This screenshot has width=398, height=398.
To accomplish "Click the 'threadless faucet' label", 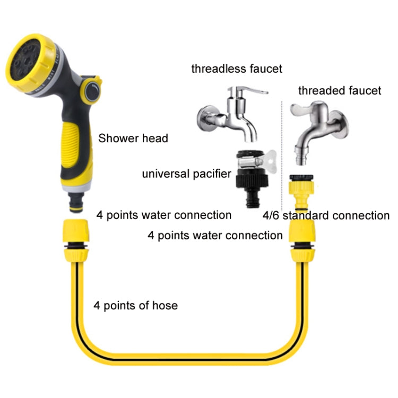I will [x=237, y=68].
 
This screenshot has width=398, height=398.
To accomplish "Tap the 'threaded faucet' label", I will [x=340, y=91].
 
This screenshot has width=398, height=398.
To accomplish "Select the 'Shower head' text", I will [x=133, y=139].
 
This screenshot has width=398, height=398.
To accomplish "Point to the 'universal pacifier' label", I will [x=186, y=174].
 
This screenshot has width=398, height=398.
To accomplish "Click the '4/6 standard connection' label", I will [x=326, y=215].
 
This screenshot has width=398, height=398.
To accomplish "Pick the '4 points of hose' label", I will [x=136, y=305].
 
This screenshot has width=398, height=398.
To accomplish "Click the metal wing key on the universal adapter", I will [x=271, y=158].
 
